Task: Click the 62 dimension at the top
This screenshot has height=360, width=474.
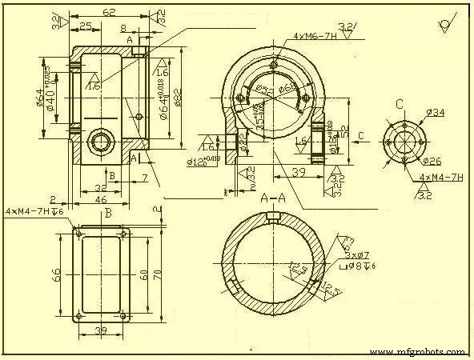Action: (109, 12)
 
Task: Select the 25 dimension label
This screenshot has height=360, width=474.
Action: (85, 26)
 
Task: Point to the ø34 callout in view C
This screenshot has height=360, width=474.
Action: (436, 113)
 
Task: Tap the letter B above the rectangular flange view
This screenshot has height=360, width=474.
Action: (107, 214)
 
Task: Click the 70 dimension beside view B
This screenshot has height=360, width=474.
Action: (159, 274)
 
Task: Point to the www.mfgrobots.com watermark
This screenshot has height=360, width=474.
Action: (419, 351)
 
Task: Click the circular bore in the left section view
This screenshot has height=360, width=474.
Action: (102, 142)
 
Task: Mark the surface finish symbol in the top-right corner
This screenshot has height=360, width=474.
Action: (445, 24)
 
